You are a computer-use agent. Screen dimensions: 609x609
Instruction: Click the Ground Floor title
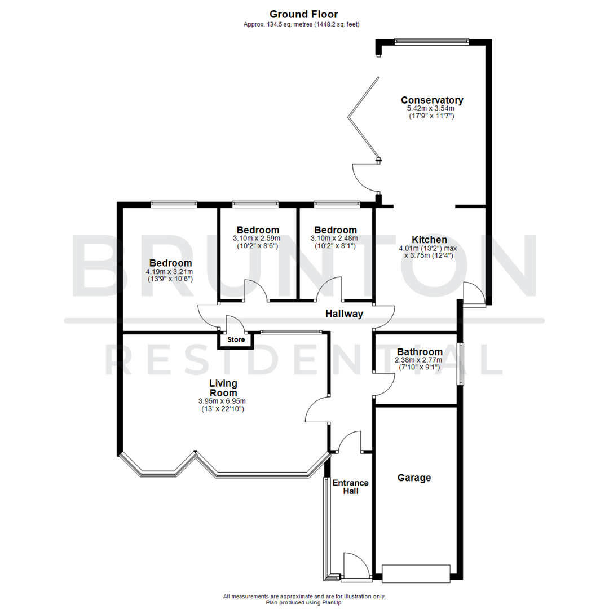304,14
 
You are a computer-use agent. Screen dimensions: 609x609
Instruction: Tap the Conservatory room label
431,100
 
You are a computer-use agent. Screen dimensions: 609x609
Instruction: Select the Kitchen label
429,240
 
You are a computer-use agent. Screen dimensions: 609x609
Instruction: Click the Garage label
414,478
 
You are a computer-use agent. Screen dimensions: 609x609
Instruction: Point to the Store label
236,340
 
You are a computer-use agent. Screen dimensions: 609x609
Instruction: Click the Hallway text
344,314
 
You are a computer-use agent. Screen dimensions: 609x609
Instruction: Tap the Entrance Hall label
350,487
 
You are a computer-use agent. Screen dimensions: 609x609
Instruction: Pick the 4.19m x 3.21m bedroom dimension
170,271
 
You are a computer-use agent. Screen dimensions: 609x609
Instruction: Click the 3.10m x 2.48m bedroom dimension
336,238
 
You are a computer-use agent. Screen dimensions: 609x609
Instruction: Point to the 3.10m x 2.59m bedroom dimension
258,238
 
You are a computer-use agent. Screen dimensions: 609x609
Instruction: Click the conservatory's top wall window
431,41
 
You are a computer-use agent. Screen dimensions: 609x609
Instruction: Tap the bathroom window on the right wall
461,364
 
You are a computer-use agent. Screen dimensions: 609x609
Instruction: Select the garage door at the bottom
416,573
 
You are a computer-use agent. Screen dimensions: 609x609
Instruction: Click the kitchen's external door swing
473,293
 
